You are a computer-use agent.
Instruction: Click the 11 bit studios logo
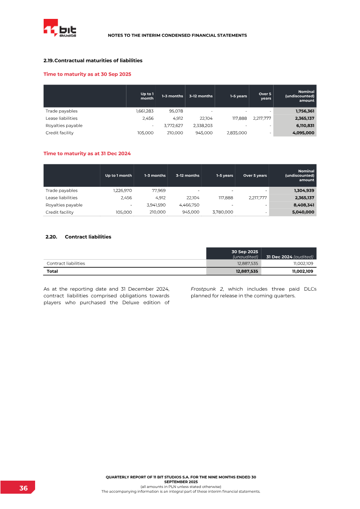click(59, 28)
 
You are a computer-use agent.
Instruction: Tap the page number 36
click(23, 488)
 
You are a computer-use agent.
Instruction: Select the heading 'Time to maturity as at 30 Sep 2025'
click(87, 74)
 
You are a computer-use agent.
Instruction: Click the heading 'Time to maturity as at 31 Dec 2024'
click(87, 153)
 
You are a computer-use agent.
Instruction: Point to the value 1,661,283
click(144, 111)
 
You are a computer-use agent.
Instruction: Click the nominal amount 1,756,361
click(301, 111)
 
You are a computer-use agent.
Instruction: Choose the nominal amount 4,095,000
click(301, 133)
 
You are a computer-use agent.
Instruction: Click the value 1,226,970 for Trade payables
click(122, 190)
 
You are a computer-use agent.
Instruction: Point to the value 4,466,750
click(188, 205)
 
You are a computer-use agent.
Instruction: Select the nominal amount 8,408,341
click(301, 205)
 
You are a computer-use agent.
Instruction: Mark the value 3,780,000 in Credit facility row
click(222, 212)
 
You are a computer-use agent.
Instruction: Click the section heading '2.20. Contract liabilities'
click(78, 237)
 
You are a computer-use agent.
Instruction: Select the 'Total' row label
click(52, 271)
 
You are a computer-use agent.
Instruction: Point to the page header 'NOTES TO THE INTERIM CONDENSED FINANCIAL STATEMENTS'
click(177, 35)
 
